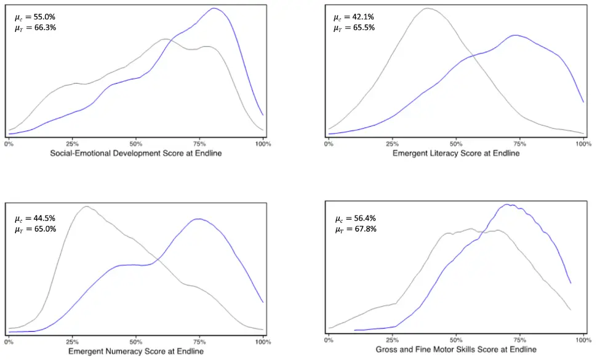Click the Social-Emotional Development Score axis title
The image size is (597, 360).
[135, 153]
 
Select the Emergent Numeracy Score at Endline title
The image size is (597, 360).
[135, 351]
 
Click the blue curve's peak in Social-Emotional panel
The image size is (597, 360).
[214, 9]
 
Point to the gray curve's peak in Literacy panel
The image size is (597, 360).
[427, 9]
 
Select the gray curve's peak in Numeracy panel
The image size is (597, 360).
[86, 207]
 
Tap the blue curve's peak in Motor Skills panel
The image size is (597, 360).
[507, 205]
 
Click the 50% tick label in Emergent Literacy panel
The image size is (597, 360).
[455, 143]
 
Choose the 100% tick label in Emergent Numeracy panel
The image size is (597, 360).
[263, 342]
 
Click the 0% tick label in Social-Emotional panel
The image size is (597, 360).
[9, 143]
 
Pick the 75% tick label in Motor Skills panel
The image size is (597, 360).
[519, 340]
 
